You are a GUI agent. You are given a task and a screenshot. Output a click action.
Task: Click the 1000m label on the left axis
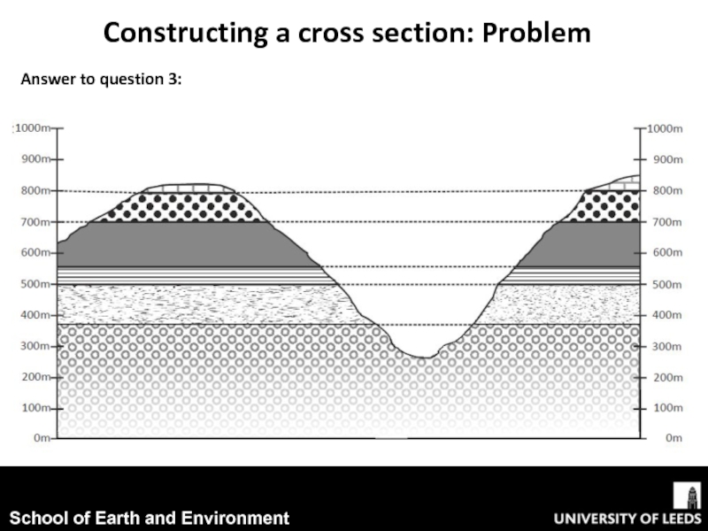(x=35, y=128)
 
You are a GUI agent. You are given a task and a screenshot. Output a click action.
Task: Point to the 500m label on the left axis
(x=35, y=285)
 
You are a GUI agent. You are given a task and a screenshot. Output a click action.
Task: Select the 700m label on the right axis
(x=666, y=222)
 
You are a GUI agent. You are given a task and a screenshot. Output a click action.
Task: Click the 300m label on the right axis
(x=666, y=347)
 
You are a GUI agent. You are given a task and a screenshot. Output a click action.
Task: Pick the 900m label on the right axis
(x=666, y=160)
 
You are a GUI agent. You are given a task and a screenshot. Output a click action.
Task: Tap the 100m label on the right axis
(x=666, y=409)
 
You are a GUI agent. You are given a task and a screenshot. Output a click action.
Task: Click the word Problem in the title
(x=537, y=34)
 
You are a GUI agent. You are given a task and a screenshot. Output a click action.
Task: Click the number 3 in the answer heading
(x=175, y=81)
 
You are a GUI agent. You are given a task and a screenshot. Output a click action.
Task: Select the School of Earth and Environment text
(x=150, y=518)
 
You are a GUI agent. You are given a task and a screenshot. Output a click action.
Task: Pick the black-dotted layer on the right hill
(x=609, y=206)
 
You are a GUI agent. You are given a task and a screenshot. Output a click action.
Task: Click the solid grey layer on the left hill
(x=177, y=243)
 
